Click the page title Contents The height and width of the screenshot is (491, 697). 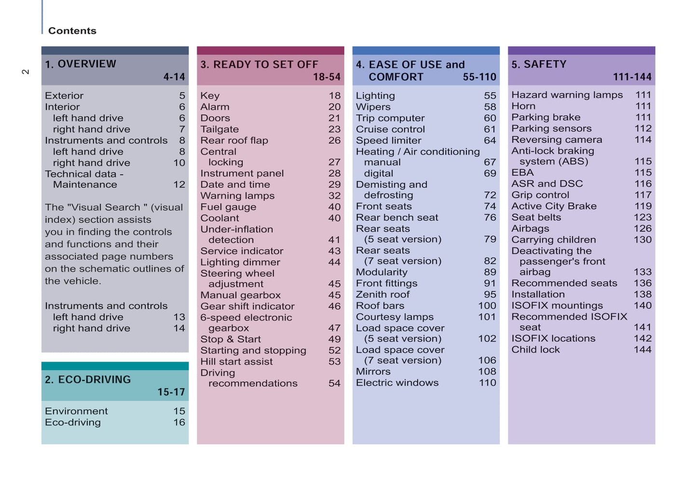coord(72,31)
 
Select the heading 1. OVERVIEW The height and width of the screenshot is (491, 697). coord(81,64)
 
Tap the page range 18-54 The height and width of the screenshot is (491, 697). coord(327,77)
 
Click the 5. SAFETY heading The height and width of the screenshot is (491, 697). coord(539,65)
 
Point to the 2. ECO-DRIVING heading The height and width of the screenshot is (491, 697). coord(88,380)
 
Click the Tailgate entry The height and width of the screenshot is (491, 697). coord(219,129)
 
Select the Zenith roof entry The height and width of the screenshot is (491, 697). coord(383,294)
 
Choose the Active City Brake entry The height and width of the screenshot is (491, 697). coord(554,206)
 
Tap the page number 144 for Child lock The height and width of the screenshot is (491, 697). coord(642,350)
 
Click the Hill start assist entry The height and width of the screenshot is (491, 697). coord(236,361)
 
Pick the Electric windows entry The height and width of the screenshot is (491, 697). coord(397,383)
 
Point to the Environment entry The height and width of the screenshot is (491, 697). coord(76,411)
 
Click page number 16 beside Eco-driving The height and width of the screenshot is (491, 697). coord(179,423)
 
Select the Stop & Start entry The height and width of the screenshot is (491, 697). coord(231,339)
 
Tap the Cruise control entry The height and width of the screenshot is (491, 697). coord(390,129)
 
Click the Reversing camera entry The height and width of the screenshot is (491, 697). coord(557,140)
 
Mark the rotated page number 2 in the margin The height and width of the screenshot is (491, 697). coord(26,72)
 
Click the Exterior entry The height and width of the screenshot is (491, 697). coord(64,96)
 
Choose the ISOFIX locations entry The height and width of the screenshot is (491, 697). coord(553,339)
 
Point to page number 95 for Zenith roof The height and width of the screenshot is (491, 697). coord(490,294)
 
